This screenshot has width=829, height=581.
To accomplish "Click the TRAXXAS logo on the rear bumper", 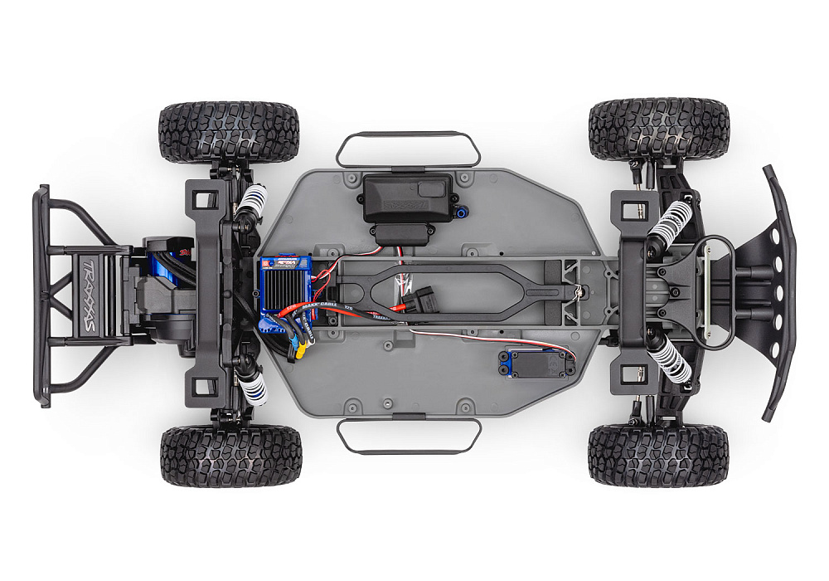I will point(86,294).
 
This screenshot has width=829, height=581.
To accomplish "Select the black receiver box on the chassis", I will point(407,203).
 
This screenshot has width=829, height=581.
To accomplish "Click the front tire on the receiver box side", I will point(658,129).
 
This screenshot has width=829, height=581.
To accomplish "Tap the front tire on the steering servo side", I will point(658,456).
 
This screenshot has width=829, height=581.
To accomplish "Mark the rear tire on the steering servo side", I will point(230,456).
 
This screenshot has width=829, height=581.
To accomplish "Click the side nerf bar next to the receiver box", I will point(408,148).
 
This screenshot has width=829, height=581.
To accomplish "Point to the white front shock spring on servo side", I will point(672,360).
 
